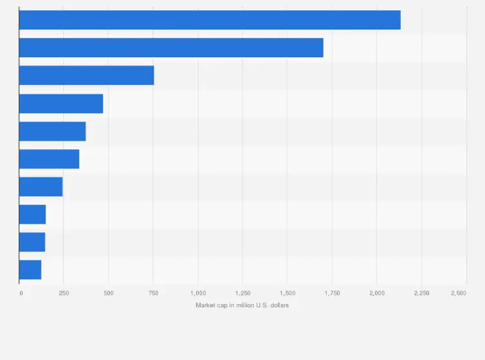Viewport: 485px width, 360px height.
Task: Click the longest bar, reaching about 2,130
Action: [x=210, y=20]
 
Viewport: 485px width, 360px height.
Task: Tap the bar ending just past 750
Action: [x=86, y=75]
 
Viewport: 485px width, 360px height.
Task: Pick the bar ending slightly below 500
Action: [x=61, y=104]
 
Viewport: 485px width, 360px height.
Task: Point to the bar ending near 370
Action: [x=52, y=131]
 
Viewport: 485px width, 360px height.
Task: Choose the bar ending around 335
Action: [x=49, y=159]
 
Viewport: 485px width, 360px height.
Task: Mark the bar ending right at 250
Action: [x=41, y=186]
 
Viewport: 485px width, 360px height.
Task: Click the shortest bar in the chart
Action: [x=30, y=269]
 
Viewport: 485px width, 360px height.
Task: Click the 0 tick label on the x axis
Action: [x=21, y=293]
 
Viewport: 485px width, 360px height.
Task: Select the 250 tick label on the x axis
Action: [x=64, y=293]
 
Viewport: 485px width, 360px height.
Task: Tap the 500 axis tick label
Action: [x=109, y=293]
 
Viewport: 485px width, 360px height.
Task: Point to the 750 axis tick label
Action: [x=153, y=293]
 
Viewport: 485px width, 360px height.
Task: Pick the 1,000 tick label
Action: [x=197, y=293]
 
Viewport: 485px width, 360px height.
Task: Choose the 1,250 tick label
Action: [x=243, y=293]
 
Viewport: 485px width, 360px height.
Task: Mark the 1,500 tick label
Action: [x=287, y=293]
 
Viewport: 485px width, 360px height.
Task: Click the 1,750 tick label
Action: [x=332, y=293]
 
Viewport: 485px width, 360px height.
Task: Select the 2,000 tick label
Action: [x=376, y=293]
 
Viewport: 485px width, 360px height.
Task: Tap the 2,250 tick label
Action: [x=421, y=293]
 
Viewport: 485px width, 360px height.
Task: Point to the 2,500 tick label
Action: [x=459, y=293]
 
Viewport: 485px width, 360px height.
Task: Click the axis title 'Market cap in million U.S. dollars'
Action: [x=243, y=305]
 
